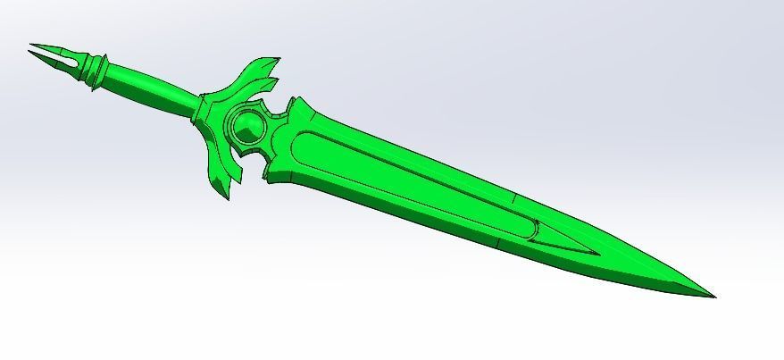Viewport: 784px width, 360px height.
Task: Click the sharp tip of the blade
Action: tap(714, 297)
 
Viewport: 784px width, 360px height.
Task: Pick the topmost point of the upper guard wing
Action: tap(278, 60)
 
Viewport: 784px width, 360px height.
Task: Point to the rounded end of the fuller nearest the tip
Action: tap(532, 234)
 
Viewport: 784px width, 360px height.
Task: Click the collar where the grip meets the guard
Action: tap(200, 112)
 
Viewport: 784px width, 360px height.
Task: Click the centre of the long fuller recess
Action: tap(411, 183)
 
